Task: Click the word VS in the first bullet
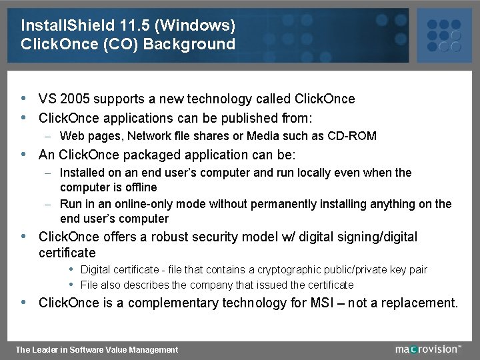pyautogui.click(x=47, y=99)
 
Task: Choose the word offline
pyautogui.click(x=137, y=187)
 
